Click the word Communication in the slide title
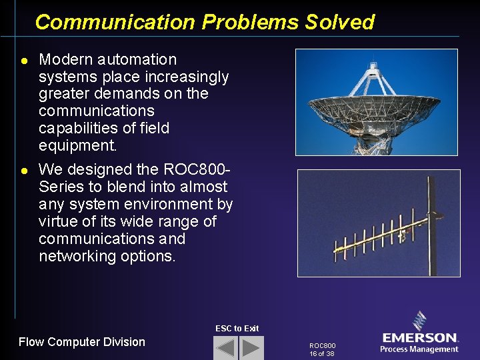(115, 22)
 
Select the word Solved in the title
(340, 22)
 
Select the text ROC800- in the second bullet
(200, 170)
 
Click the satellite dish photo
(377, 101)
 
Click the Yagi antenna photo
(378, 223)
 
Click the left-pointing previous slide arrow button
(225, 348)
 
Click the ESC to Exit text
(237, 328)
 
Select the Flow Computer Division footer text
(81, 342)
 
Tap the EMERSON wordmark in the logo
(420, 338)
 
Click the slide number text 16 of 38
(322, 353)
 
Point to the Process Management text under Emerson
(419, 349)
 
